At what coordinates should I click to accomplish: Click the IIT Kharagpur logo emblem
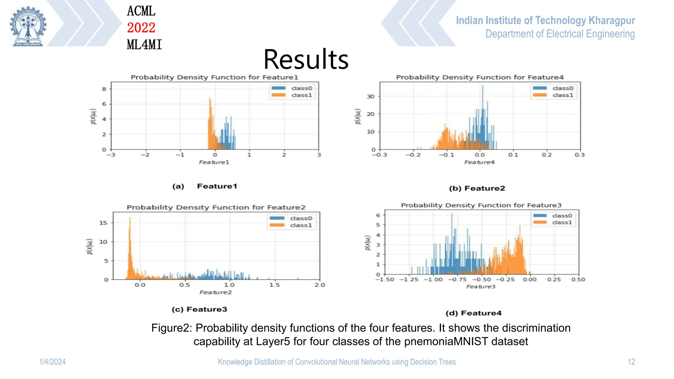[28, 26]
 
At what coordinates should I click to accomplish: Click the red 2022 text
[141, 28]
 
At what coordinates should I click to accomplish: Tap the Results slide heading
[306, 60]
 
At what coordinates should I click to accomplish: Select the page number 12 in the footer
[631, 362]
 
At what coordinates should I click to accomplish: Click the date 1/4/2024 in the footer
[52, 362]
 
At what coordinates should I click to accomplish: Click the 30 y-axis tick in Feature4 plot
[371, 96]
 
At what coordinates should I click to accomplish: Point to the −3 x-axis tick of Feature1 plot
[111, 155]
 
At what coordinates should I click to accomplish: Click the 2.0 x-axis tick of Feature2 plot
[320, 285]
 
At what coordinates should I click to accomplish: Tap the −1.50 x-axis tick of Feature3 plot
[385, 279]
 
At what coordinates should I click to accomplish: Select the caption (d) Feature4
[474, 313]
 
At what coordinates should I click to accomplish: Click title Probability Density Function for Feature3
[481, 205]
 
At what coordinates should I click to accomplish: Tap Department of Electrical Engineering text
[560, 34]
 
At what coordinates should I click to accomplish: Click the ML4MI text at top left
[144, 45]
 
